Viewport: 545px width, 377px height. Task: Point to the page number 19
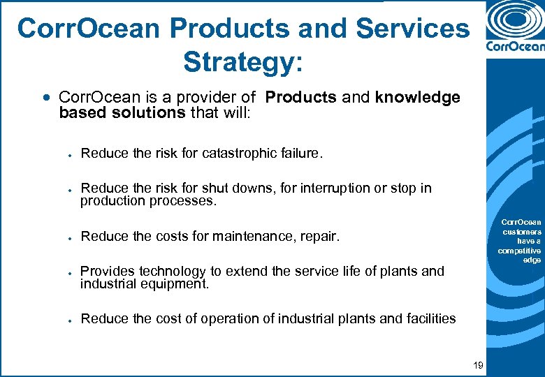coord(478,365)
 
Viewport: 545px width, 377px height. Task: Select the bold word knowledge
coord(417,98)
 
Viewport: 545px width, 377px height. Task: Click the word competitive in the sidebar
coord(519,251)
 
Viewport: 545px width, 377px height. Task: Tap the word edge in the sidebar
coord(532,260)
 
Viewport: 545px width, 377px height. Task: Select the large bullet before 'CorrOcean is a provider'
coord(47,98)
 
